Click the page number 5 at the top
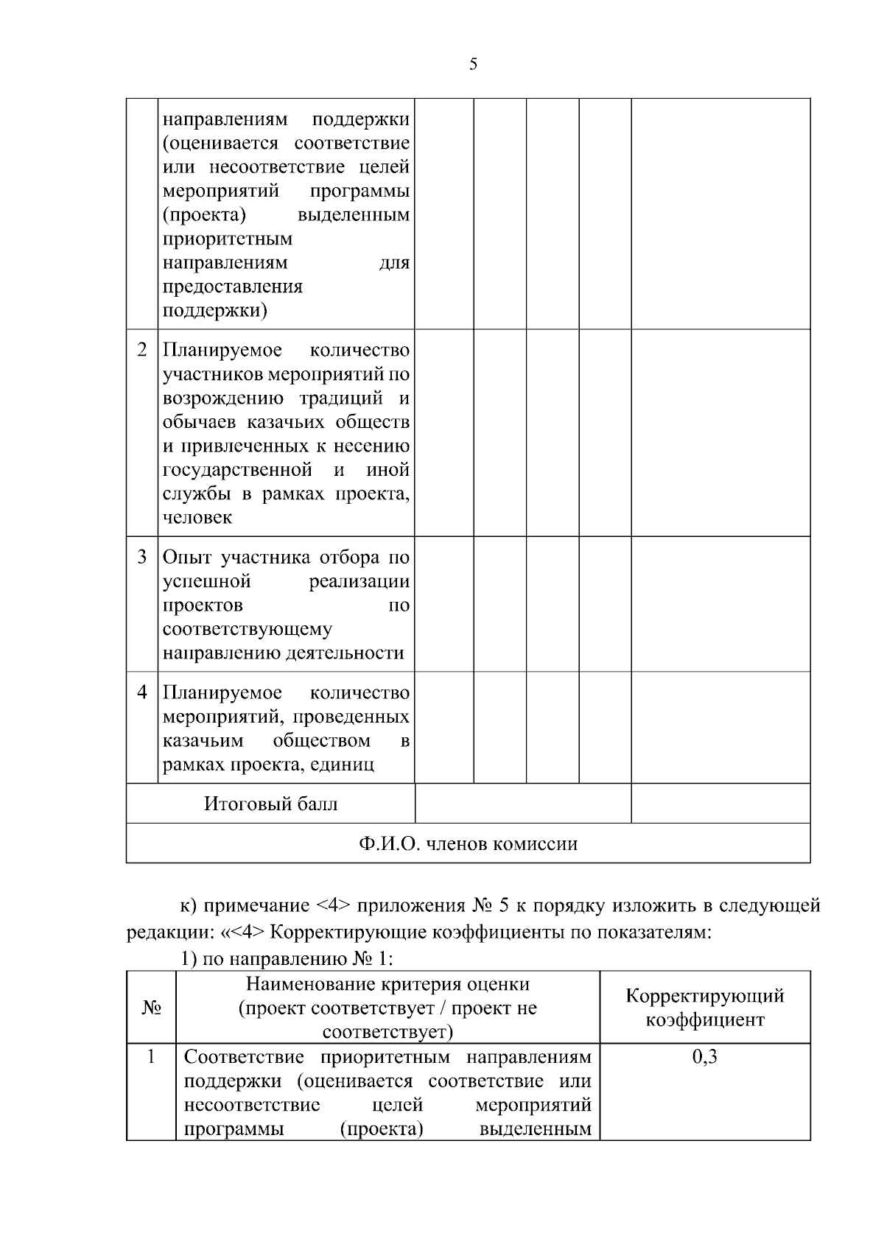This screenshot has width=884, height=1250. coord(473,64)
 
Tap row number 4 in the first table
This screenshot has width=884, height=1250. coord(142,692)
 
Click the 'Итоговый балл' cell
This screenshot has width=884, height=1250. coord(270,804)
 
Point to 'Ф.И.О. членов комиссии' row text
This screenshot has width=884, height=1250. coord(468,843)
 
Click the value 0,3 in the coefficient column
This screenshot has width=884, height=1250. coord(705,1058)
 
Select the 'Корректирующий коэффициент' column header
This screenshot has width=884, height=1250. coord(705,1008)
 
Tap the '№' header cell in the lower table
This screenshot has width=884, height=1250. coord(151,1008)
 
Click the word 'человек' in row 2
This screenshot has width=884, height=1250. coord(197,518)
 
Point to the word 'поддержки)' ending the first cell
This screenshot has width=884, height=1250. coord(214,310)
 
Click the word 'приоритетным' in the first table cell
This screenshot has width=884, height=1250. coord(227,239)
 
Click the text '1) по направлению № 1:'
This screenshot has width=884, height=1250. coord(287,959)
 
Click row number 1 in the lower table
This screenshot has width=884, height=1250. coord(151,1058)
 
